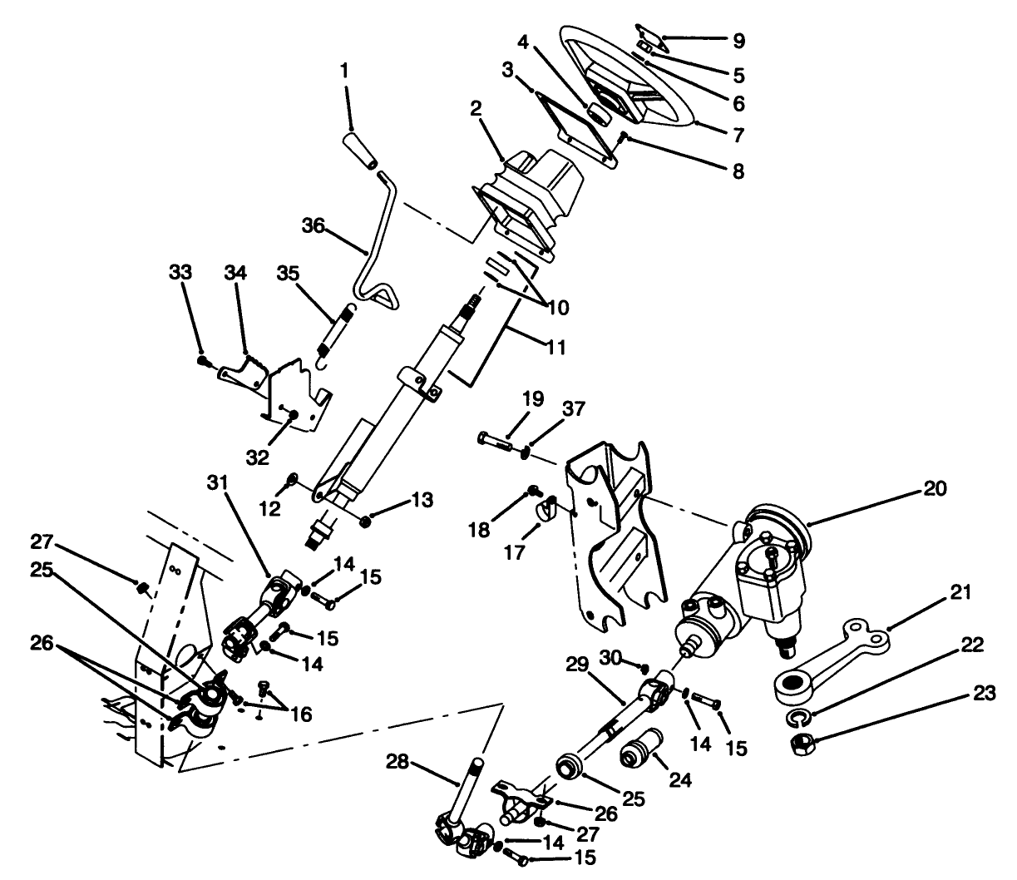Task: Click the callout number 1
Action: coord(343,72)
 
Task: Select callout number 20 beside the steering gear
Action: coord(935,489)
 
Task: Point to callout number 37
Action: coord(574,408)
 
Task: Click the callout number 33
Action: coord(180,272)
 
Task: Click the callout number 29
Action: coord(576,664)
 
